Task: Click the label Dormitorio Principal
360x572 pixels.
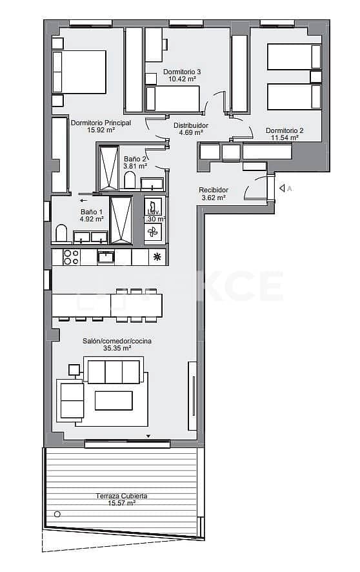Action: (x=101, y=123)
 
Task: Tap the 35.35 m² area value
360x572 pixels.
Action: (x=117, y=348)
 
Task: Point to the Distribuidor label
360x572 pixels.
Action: (x=191, y=125)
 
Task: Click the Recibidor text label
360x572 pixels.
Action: (x=214, y=190)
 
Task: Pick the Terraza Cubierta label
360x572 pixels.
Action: (x=122, y=496)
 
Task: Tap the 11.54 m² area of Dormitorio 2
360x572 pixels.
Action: (x=285, y=138)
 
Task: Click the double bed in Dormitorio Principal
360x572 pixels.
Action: (x=79, y=72)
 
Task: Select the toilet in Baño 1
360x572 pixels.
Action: (x=62, y=233)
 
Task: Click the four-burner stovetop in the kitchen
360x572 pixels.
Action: (x=71, y=257)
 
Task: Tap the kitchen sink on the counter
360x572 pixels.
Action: (x=105, y=257)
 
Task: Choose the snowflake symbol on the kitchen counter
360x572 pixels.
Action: (x=156, y=257)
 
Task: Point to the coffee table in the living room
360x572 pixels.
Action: (x=114, y=400)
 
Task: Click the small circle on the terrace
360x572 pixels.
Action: (x=57, y=515)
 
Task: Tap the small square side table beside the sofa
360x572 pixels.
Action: (x=74, y=370)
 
